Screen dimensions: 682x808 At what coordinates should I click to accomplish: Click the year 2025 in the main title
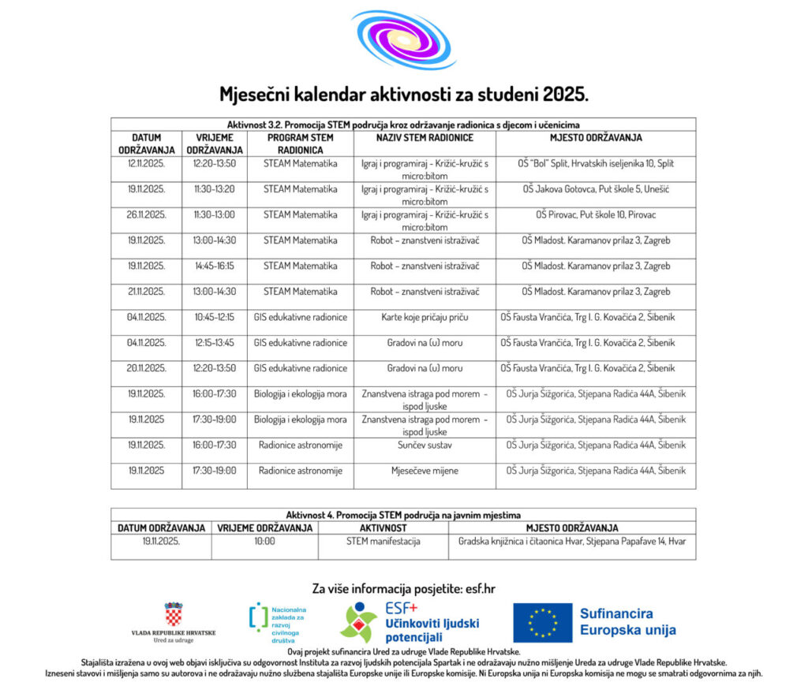point(565,95)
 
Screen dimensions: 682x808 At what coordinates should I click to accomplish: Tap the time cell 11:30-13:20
point(215,189)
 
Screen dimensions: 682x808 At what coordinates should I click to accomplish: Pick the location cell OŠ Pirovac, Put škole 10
point(596,214)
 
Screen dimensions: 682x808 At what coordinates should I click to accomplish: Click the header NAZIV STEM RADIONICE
point(425,138)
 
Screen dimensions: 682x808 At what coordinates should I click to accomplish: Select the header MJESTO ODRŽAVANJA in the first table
point(596,138)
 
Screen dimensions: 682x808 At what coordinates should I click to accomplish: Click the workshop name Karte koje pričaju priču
point(425,317)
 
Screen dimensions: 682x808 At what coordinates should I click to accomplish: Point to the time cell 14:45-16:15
point(215,266)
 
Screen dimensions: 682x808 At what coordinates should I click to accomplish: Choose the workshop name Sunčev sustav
point(425,445)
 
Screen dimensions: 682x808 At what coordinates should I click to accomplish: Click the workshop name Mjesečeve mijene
point(425,471)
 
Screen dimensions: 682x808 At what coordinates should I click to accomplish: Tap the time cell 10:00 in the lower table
point(264,542)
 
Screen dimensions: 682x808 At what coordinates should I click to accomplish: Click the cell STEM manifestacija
point(383,542)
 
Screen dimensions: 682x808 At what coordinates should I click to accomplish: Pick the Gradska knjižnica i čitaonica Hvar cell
point(572,542)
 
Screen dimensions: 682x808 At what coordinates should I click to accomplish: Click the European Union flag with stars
point(542,623)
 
